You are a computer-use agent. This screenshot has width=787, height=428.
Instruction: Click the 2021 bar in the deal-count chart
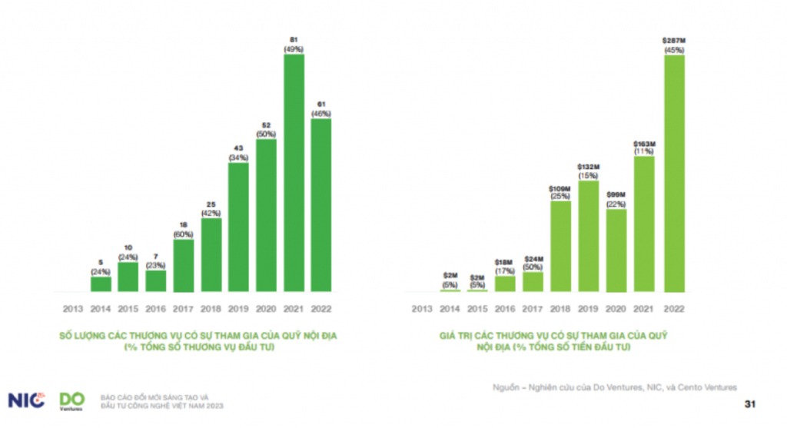click(x=294, y=173)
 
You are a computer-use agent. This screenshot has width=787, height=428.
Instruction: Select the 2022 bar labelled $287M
click(x=674, y=173)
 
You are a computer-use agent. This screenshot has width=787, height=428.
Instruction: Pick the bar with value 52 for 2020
click(x=267, y=215)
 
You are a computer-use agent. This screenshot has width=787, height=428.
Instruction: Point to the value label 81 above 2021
click(x=294, y=38)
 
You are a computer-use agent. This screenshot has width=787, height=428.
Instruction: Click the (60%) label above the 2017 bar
click(x=184, y=234)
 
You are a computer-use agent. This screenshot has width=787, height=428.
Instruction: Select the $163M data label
click(x=646, y=143)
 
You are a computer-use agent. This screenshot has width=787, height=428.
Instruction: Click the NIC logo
click(x=26, y=400)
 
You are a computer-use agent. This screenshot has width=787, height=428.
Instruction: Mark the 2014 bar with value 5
click(x=101, y=284)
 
